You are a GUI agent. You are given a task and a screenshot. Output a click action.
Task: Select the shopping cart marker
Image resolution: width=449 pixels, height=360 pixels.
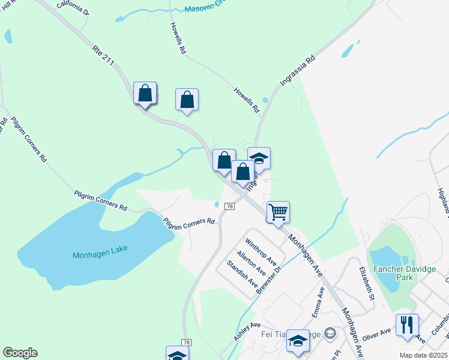pyautogui.click(x=277, y=212)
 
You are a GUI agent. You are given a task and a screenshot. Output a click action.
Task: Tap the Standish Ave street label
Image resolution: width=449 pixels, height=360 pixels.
pyautogui.click(x=241, y=273)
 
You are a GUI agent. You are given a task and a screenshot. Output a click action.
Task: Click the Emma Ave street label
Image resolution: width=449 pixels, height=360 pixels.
pyautogui.click(x=318, y=302)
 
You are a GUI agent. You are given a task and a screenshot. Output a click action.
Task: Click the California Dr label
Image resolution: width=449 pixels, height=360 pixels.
pyautogui.click(x=73, y=7)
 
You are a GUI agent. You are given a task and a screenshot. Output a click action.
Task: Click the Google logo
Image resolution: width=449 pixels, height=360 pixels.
pyautogui.click(x=20, y=353)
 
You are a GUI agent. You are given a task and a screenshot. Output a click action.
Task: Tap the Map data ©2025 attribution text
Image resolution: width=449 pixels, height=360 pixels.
pyautogui.click(x=423, y=355)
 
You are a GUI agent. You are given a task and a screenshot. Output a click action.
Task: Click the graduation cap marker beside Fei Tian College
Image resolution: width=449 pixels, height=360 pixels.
pyautogui.click(x=298, y=340)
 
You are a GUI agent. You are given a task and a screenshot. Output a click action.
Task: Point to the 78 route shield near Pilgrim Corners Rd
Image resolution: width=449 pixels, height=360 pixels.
pyautogui.click(x=229, y=206)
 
